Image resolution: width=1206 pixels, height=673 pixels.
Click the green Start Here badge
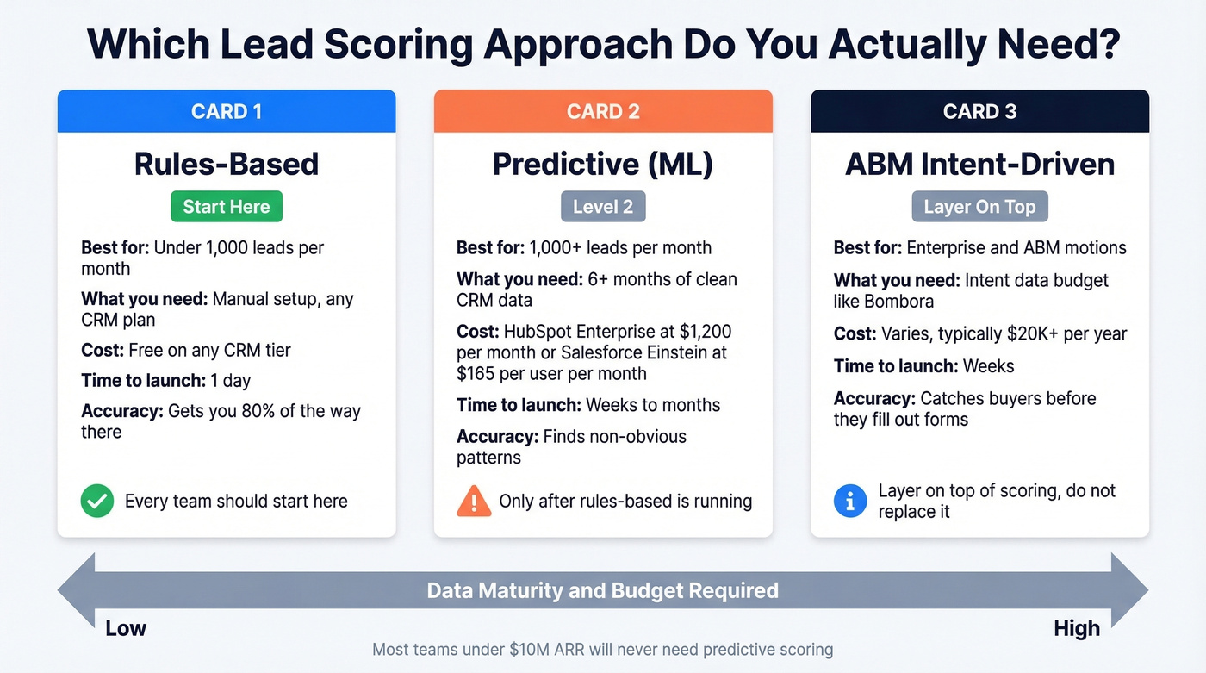[x=227, y=207]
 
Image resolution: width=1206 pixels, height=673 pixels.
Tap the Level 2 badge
[x=603, y=207]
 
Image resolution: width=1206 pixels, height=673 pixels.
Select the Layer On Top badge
[x=979, y=207]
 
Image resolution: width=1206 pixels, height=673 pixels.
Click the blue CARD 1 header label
[x=227, y=112]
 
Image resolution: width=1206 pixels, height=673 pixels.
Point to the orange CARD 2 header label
[x=603, y=112]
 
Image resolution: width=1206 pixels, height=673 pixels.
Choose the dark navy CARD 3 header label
[x=979, y=112]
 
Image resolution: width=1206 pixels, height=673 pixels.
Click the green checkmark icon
[x=97, y=502]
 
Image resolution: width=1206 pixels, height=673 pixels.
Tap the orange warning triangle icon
[x=474, y=502]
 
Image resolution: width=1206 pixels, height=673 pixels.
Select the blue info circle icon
[x=850, y=501]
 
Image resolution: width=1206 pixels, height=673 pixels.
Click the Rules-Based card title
[x=227, y=164]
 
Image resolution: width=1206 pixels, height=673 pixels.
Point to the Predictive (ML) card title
[x=603, y=164]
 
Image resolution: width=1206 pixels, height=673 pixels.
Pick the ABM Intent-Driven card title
[x=979, y=164]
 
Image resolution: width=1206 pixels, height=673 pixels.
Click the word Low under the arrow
[x=126, y=628]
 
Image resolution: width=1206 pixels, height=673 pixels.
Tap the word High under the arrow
[x=1077, y=628]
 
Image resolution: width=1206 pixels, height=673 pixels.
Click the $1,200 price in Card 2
[x=703, y=332]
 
